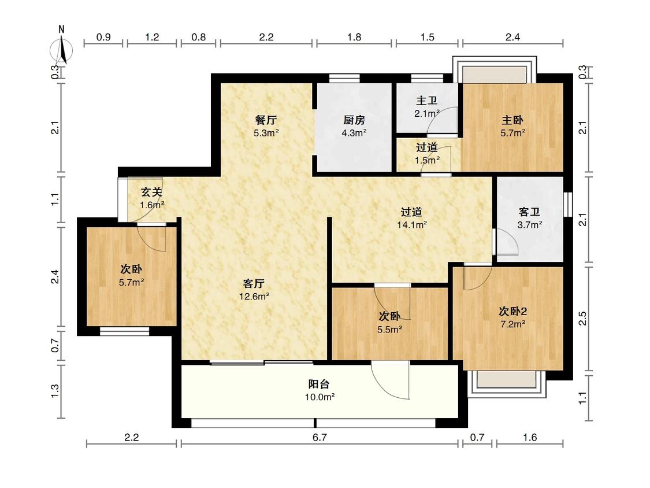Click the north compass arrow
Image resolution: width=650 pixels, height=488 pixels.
62,50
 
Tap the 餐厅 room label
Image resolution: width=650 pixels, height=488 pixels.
266,120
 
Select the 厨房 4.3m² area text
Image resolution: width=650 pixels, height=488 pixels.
354,133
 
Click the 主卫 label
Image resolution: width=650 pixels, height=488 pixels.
427,101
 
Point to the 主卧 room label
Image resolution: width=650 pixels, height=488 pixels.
513,120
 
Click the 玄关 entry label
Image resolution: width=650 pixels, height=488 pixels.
151,192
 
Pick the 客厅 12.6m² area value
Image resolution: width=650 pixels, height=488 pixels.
254,297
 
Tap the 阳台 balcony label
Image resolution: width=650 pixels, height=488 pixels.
319,384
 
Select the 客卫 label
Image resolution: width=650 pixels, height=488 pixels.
529,212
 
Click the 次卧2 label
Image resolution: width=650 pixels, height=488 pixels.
513,311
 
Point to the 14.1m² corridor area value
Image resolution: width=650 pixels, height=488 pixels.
411,225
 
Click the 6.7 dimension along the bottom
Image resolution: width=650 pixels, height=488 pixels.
320,437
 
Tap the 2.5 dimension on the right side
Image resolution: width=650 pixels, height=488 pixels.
582,318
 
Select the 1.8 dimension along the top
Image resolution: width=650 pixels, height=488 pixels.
354,38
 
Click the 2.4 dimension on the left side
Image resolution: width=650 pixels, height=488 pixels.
55,277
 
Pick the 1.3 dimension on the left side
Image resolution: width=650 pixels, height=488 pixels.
55,391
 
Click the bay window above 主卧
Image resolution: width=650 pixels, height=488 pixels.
495,70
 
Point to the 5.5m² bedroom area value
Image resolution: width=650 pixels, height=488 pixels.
389,330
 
